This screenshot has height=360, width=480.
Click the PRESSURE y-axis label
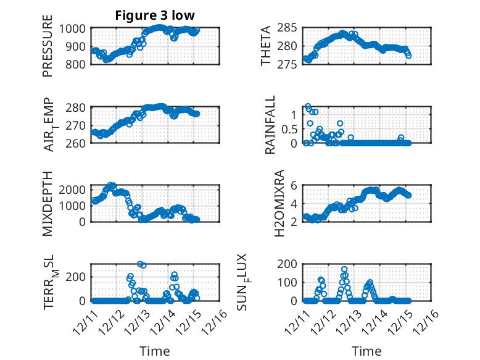(48, 51)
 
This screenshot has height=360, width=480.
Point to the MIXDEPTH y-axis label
(48, 203)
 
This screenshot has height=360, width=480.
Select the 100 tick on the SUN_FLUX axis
(291, 282)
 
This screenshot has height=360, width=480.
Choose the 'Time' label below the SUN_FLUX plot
(366, 351)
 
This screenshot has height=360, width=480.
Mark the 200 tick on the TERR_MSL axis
(80, 276)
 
